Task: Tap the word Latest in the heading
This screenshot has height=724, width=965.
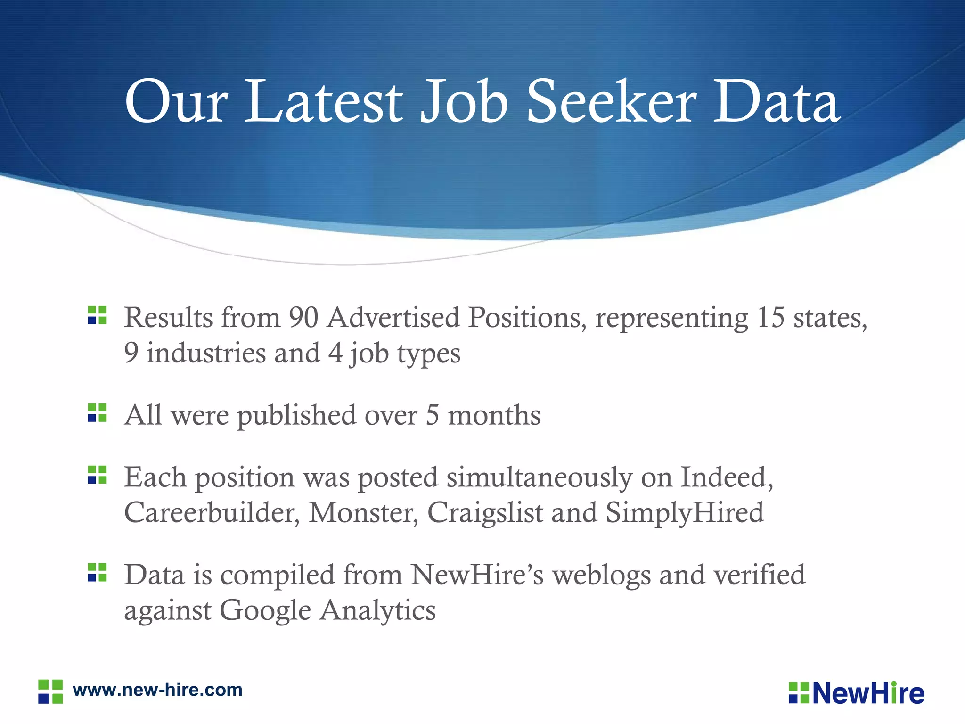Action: click(324, 101)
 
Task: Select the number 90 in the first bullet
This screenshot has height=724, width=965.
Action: click(303, 317)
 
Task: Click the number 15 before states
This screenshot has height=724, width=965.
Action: click(771, 317)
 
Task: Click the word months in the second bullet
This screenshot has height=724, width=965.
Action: click(494, 415)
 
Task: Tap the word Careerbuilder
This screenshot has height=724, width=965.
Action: click(212, 512)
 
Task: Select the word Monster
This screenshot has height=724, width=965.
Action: click(363, 512)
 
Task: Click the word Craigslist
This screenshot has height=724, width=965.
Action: click(485, 512)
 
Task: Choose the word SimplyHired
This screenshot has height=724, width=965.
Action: click(685, 512)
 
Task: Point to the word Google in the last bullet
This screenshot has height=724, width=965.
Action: click(265, 610)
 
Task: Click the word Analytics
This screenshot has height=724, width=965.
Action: click(378, 610)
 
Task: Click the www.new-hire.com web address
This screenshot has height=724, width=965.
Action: click(157, 690)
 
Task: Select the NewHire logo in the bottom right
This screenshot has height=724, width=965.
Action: click(857, 693)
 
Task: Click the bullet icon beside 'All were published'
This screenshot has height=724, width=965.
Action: click(98, 413)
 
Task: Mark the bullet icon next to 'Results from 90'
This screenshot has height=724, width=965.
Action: click(98, 315)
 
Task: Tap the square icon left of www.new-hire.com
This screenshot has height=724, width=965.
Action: click(50, 691)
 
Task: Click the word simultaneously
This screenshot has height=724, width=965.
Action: click(539, 477)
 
